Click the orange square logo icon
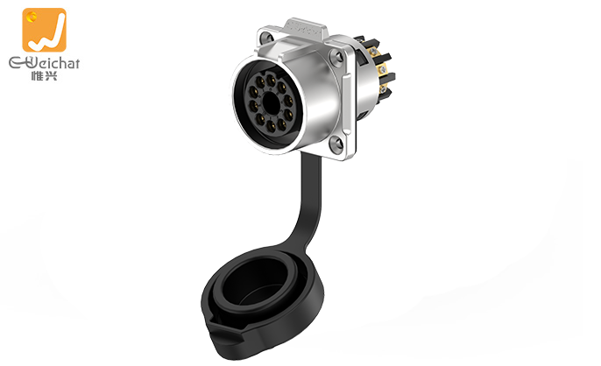pos(44,30)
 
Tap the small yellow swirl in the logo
pos(32,16)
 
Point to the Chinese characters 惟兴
pos(44,75)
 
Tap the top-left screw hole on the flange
pos(265,37)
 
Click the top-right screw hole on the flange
pos(337,57)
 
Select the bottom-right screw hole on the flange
pos(336,144)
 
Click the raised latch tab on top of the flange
pos(306,28)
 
